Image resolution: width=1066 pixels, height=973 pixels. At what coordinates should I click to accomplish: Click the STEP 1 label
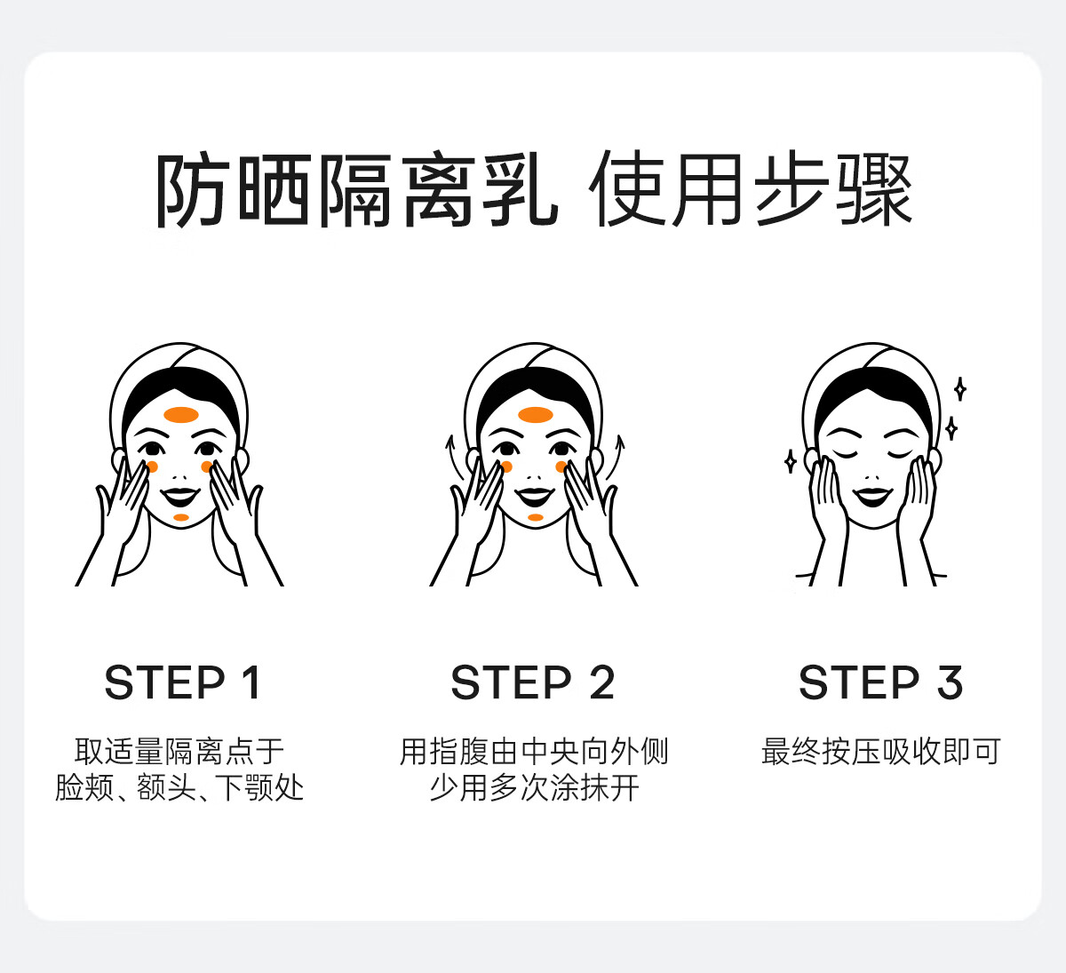pyautogui.click(x=182, y=682)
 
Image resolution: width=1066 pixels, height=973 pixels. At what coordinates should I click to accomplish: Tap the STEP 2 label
pyautogui.click(x=533, y=682)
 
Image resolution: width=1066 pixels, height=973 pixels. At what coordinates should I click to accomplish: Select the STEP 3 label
pyautogui.click(x=880, y=682)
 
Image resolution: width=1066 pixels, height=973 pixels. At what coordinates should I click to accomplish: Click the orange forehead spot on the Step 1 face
pyautogui.click(x=181, y=415)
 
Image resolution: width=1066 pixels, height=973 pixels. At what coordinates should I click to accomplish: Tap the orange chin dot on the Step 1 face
pyautogui.click(x=181, y=517)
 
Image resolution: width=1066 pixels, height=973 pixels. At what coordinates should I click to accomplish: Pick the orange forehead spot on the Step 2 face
pyautogui.click(x=536, y=415)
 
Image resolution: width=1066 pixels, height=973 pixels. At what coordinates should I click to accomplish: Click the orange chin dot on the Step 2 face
pyautogui.click(x=536, y=517)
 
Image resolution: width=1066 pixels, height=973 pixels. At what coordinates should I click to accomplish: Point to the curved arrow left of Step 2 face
pyautogui.click(x=449, y=458)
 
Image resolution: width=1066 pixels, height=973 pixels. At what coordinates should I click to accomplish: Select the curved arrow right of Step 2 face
pyautogui.click(x=617, y=458)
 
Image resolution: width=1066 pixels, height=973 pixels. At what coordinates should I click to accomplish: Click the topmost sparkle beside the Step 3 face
pyautogui.click(x=959, y=389)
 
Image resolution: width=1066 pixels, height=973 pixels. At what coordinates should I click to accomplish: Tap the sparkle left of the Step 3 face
pyautogui.click(x=791, y=461)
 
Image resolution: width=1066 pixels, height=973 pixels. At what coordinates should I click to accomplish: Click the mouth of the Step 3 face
pyautogui.click(x=872, y=497)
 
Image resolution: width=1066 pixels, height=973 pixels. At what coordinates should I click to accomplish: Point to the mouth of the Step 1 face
pyautogui.click(x=180, y=497)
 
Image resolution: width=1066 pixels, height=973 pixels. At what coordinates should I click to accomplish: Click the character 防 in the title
pyautogui.click(x=190, y=190)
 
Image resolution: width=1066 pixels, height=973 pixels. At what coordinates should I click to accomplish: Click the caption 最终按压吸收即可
pyautogui.click(x=880, y=751)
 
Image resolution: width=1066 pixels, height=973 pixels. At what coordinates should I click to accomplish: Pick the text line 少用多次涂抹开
pyautogui.click(x=534, y=788)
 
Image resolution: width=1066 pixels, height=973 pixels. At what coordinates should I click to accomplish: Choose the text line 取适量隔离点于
pyautogui.click(x=179, y=751)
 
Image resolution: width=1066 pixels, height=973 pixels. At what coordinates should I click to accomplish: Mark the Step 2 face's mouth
pyautogui.click(x=535, y=497)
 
